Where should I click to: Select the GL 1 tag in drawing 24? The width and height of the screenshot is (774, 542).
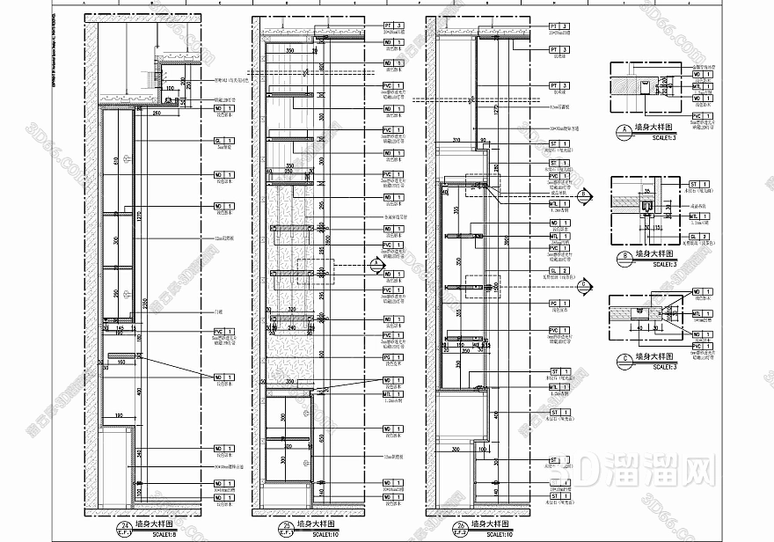click(x=223, y=141)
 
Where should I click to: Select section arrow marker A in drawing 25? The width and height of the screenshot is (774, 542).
click(x=375, y=262)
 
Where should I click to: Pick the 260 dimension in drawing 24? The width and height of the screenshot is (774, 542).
click(x=156, y=113)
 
